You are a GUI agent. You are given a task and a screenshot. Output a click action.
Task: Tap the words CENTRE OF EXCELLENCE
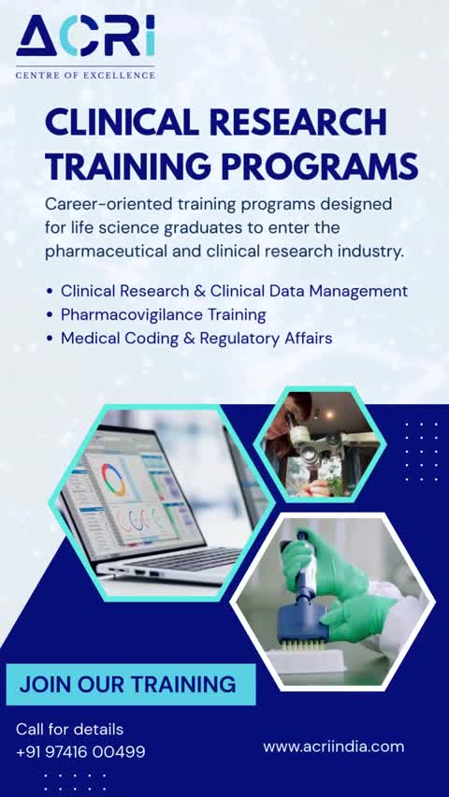[x=85, y=75]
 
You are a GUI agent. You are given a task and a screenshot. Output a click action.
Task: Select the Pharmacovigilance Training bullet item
[x=163, y=314]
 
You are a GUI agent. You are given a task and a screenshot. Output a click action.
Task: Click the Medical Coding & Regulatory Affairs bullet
[x=196, y=338]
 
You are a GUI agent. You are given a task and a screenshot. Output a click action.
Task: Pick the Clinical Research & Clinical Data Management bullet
[x=234, y=291]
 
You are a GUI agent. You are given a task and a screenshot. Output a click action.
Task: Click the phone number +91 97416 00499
[x=80, y=751]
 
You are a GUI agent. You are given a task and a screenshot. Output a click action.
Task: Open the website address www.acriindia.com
[x=333, y=746]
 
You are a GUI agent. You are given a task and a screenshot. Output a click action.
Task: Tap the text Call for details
[x=69, y=729]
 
